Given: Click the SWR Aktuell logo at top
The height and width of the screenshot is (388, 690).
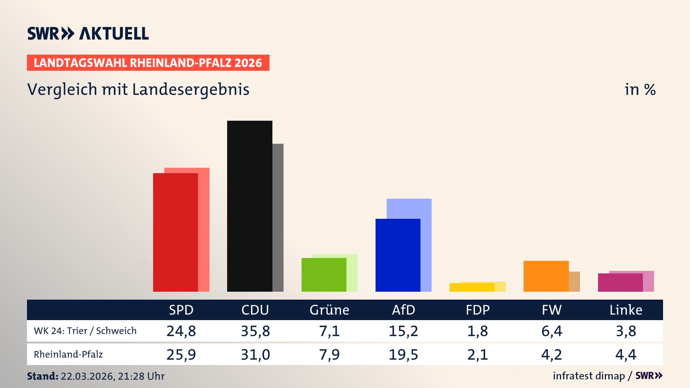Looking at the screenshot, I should pos(88,33).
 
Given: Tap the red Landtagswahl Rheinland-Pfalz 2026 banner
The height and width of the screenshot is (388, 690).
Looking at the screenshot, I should pos(148,63).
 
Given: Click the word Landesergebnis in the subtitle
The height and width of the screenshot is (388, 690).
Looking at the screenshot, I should pos(190,89).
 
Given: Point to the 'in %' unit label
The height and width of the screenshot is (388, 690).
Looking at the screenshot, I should pos(640,89).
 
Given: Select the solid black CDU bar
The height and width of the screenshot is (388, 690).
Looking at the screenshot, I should pos(249,206).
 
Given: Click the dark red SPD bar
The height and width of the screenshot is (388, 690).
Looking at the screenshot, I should pos(175,232).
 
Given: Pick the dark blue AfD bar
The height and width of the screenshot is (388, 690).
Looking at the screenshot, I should pos(398,255).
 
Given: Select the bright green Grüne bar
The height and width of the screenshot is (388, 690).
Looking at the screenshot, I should pos(324,275).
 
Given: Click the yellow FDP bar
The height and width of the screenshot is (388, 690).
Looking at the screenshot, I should pos(472,287).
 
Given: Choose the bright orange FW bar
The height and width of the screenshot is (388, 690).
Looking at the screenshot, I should pos(546,276).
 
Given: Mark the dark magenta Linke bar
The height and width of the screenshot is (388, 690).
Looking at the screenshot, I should pos(620,283).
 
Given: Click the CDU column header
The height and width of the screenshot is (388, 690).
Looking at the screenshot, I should pos(255,310).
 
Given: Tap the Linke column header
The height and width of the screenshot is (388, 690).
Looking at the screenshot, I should pos(626,310).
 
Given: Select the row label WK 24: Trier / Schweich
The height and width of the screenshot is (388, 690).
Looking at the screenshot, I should pos(85,331).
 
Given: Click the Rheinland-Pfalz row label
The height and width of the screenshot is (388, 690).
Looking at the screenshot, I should pos(68,355).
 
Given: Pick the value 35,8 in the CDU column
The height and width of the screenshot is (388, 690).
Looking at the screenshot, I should pos(255,331).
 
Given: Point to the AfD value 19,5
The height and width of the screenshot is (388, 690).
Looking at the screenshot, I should pos(403,355).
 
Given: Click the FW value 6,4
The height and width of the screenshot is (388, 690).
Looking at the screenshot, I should pos(552,331).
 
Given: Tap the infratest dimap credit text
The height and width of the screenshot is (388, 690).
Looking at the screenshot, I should pos(589,376).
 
